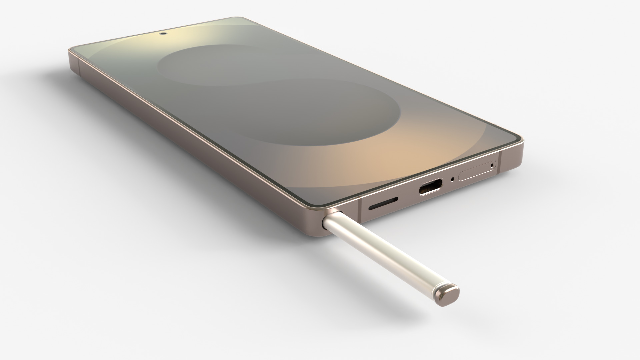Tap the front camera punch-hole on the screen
[x=163, y=33]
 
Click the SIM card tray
[x=477, y=171]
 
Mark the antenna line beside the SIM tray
[x=500, y=163]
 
